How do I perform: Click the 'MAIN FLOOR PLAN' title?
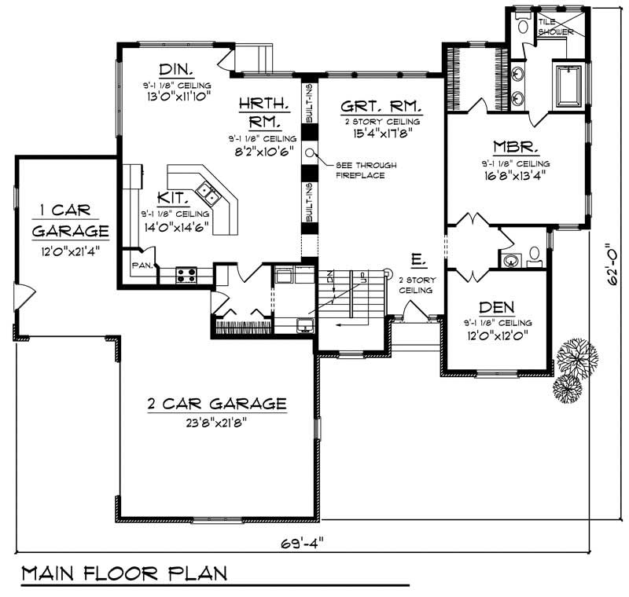pyautogui.click(x=124, y=571)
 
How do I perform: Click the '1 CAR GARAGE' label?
pyautogui.click(x=70, y=221)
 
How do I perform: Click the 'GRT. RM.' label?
pyautogui.click(x=381, y=106)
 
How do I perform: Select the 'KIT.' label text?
pyautogui.click(x=172, y=199)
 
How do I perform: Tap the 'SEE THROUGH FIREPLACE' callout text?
pyautogui.click(x=366, y=170)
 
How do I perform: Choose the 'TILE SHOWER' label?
pyautogui.click(x=556, y=27)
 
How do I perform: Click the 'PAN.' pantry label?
pyautogui.click(x=142, y=266)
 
